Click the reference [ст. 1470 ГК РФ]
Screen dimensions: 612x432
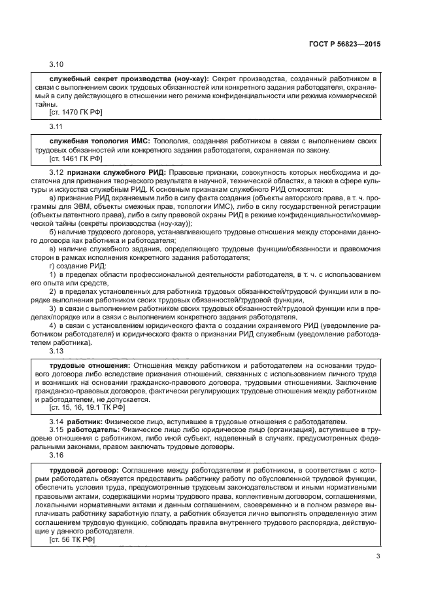[x=75, y=112]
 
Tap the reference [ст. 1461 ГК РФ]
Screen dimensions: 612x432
[x=75, y=158]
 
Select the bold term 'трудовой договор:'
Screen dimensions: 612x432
[x=84, y=471]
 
